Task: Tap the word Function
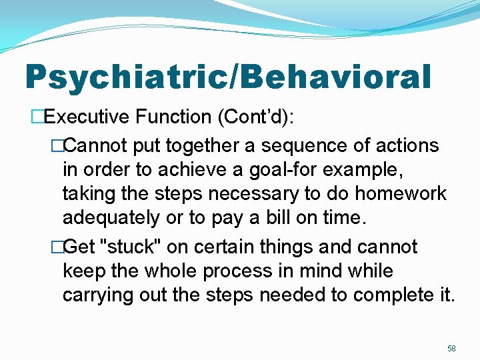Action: [x=173, y=117]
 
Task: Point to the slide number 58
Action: [x=451, y=348]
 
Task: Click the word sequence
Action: [x=295, y=145]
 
